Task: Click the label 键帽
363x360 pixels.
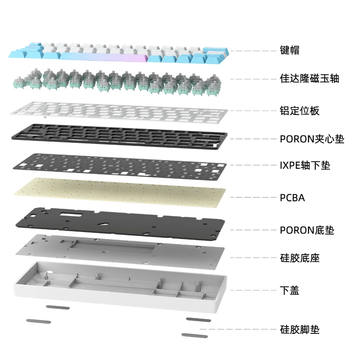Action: click(x=289, y=50)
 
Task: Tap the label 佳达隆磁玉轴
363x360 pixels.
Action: click(x=309, y=78)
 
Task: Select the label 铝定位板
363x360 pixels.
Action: click(x=299, y=111)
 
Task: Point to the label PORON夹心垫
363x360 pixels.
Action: click(x=312, y=139)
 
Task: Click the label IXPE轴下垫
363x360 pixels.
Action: click(x=305, y=165)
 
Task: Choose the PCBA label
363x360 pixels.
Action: click(x=292, y=197)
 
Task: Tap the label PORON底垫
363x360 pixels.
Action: click(x=307, y=230)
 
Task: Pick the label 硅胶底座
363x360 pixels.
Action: click(x=299, y=258)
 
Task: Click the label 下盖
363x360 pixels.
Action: click(x=289, y=290)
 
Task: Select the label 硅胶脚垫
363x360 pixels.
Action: click(x=299, y=329)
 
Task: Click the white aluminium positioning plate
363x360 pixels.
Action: click(x=119, y=112)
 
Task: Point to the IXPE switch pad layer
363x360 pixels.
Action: click(x=119, y=166)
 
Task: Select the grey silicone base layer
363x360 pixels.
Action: click(x=120, y=251)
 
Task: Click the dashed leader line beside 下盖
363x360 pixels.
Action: click(x=253, y=290)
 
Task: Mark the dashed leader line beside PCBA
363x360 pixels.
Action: click(x=253, y=197)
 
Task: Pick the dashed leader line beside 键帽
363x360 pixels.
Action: click(x=253, y=51)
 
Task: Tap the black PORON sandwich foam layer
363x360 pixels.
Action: click(x=119, y=137)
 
